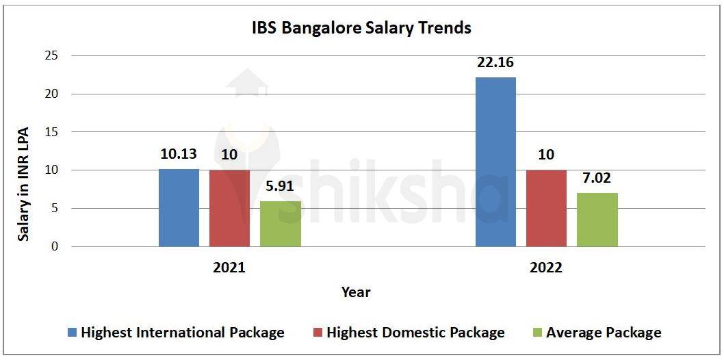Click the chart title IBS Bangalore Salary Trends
(361, 28)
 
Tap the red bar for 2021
(229, 208)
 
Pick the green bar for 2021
(280, 224)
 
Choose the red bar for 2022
(546, 208)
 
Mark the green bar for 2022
(597, 220)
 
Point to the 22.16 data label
(495, 63)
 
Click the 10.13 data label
(179, 155)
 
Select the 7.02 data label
(597, 179)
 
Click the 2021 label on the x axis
(229, 268)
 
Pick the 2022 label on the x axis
(546, 268)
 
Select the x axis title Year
(356, 292)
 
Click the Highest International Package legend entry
(182, 333)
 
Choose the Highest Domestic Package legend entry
(415, 333)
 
